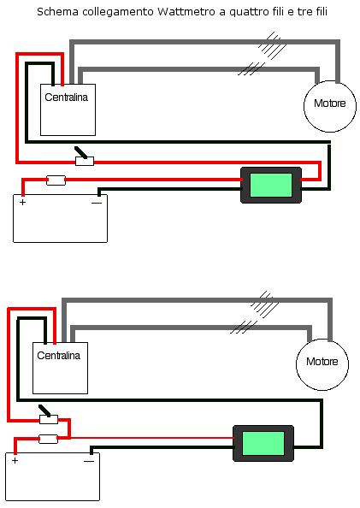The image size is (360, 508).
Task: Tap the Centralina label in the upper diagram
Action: pyautogui.click(x=66, y=97)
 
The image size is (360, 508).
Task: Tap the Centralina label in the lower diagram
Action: pyautogui.click(x=58, y=356)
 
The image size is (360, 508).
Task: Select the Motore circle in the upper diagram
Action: pyautogui.click(x=330, y=106)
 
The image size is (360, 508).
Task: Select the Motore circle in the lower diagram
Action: pyautogui.click(x=322, y=364)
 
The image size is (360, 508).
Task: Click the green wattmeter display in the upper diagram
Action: pyautogui.click(x=271, y=185)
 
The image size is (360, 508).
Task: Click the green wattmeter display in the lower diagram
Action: pyautogui.click(x=263, y=443)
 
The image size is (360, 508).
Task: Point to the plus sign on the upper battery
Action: pyautogui.click(x=22, y=203)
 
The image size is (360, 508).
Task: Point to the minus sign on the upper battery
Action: pyautogui.click(x=97, y=204)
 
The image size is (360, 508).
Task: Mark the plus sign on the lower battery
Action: pyautogui.click(x=15, y=461)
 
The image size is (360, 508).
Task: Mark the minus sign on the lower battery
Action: pyautogui.click(x=89, y=461)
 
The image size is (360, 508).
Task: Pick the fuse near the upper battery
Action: pyautogui.click(x=56, y=180)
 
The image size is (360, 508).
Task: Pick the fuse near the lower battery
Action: pyautogui.click(x=48, y=439)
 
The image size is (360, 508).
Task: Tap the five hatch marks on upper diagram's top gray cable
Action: pyautogui.click(x=272, y=45)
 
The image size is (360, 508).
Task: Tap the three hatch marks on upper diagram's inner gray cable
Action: pyautogui.click(x=251, y=68)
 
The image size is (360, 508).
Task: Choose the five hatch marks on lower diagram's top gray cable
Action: pyautogui.click(x=265, y=304)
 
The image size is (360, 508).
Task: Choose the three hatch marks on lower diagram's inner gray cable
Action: pyautogui.click(x=244, y=327)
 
